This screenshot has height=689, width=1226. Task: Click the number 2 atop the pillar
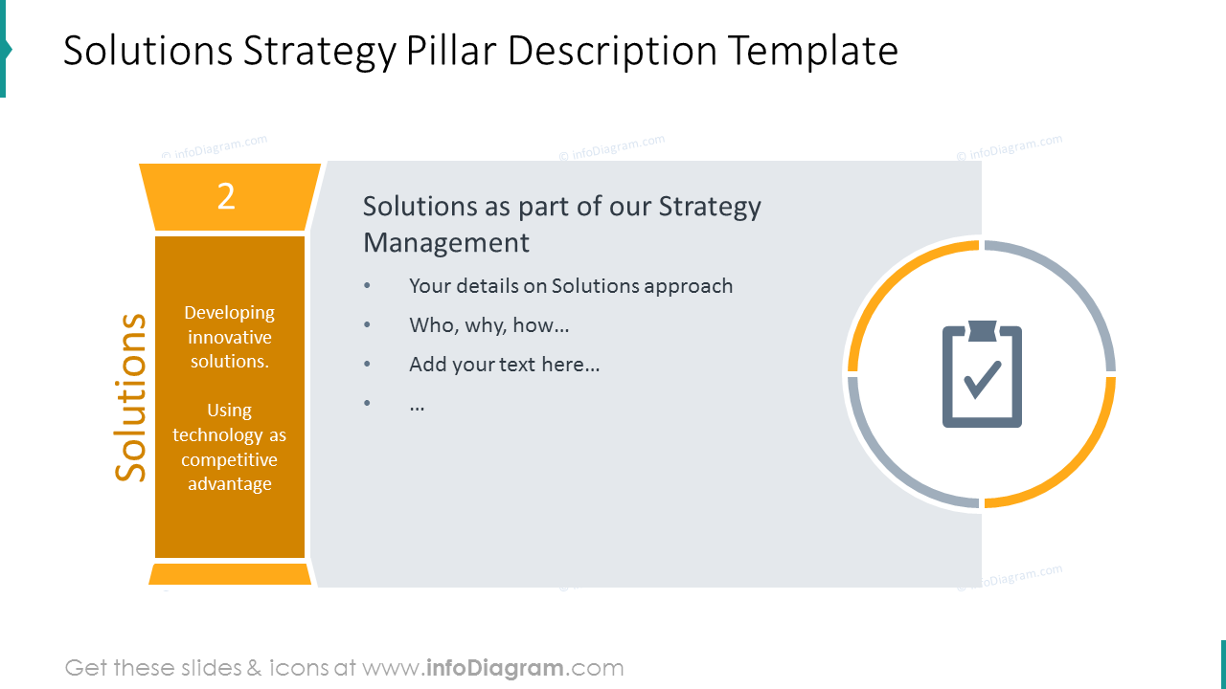click(x=226, y=196)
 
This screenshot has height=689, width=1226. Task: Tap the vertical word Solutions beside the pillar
click(x=131, y=397)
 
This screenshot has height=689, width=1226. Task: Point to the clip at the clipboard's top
click(x=982, y=330)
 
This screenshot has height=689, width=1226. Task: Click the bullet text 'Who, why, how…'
click(x=488, y=325)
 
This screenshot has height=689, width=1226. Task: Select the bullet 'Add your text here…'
click(x=504, y=365)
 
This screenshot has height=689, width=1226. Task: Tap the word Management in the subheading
click(x=445, y=242)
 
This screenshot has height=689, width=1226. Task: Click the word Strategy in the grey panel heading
click(x=710, y=207)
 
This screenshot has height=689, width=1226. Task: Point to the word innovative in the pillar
click(x=230, y=337)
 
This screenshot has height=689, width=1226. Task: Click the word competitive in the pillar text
click(x=230, y=459)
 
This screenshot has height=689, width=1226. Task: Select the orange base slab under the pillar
click(x=230, y=574)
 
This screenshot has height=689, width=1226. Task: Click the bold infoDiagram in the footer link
click(x=493, y=668)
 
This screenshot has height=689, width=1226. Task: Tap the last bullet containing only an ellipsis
click(x=417, y=405)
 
